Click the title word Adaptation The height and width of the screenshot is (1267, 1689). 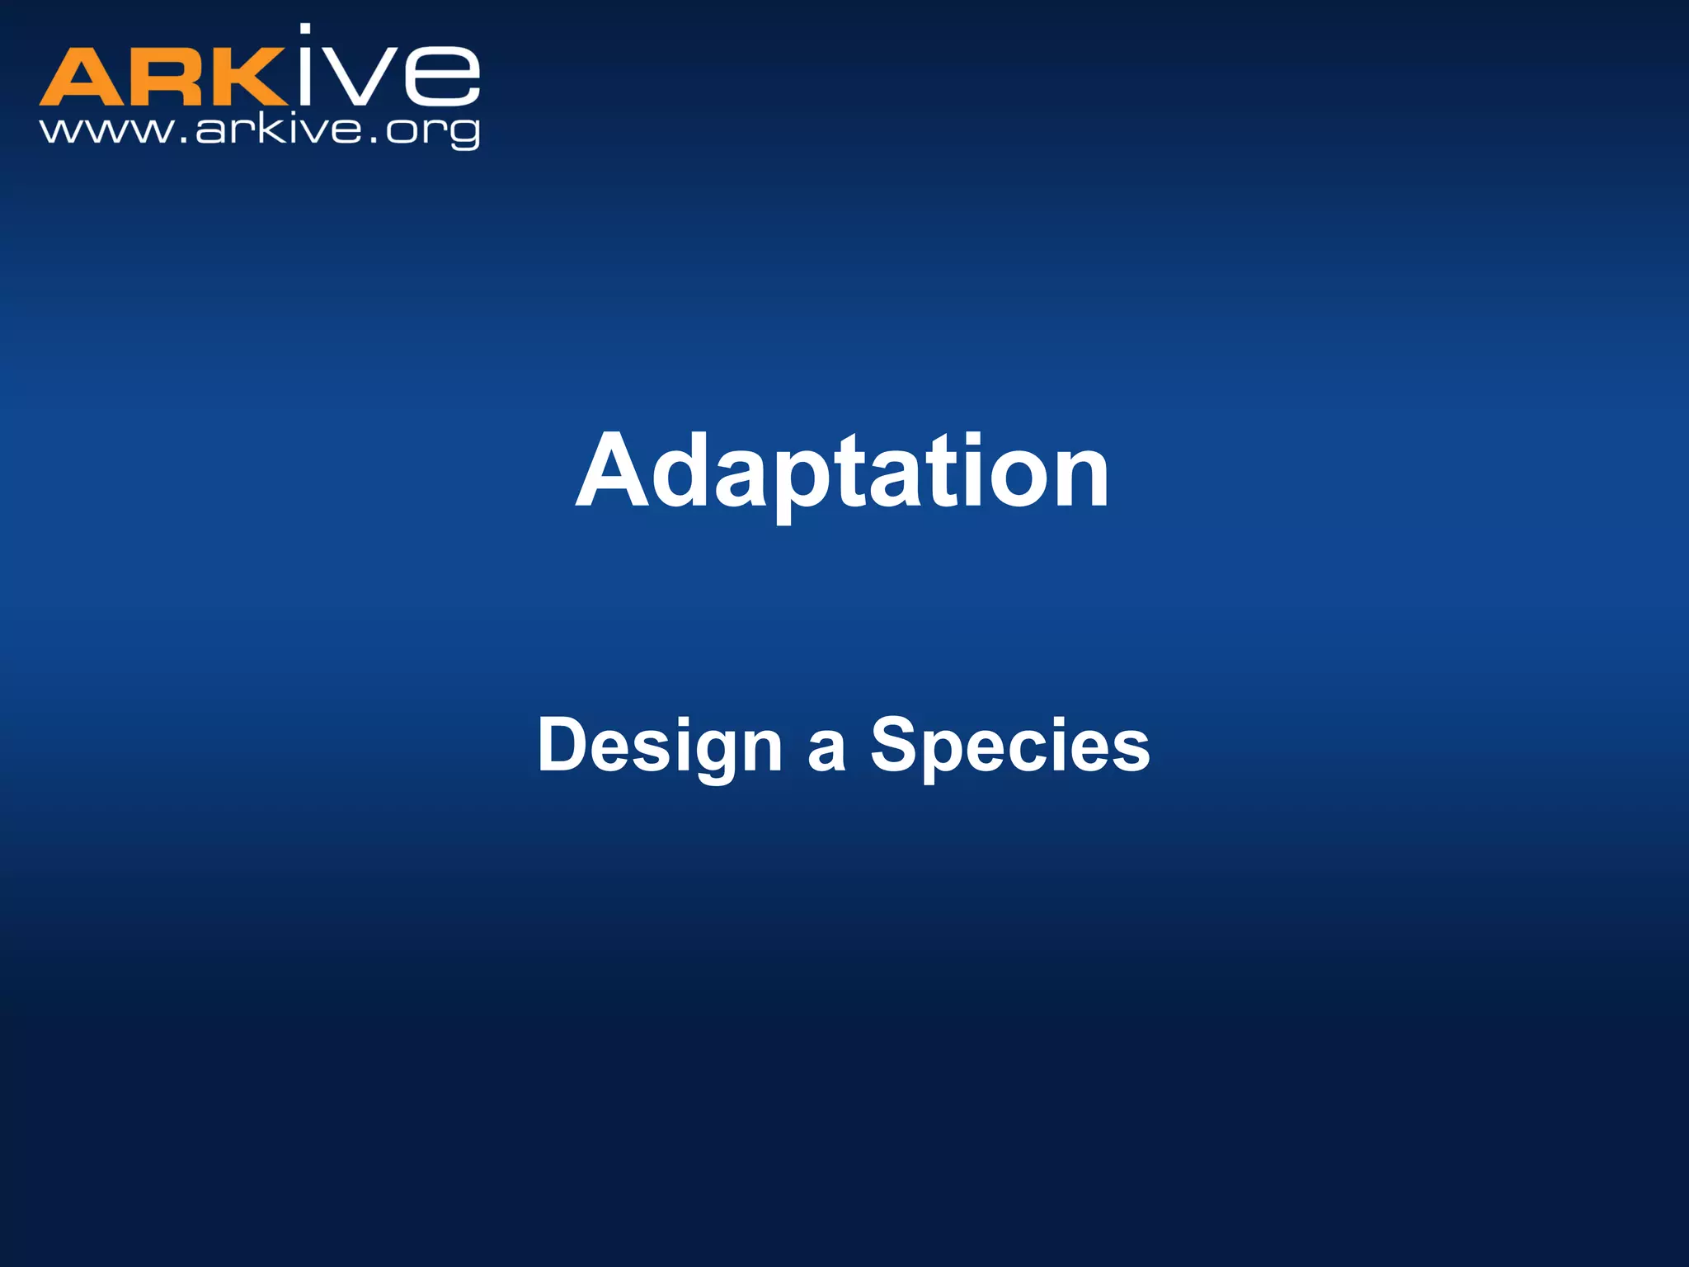[x=842, y=472]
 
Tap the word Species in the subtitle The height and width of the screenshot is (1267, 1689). [x=1009, y=745]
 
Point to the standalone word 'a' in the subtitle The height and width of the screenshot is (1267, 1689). [x=826, y=751]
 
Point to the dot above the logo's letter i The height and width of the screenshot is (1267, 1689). [x=305, y=30]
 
